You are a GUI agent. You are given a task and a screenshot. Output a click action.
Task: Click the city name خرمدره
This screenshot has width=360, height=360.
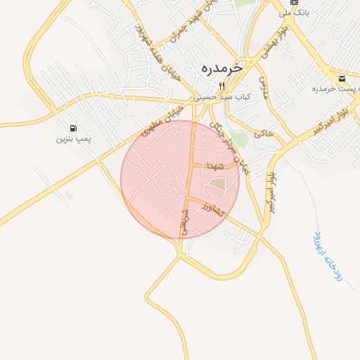click(x=221, y=68)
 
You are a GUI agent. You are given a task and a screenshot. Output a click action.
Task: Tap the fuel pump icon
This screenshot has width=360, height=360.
click(x=74, y=128)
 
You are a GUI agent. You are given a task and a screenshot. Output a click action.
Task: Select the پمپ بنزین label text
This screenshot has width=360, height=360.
click(x=74, y=139)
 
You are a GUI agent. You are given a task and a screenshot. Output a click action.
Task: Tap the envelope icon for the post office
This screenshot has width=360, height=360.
click(x=342, y=78)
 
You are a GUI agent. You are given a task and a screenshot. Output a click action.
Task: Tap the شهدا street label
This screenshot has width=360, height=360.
click(x=214, y=166)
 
